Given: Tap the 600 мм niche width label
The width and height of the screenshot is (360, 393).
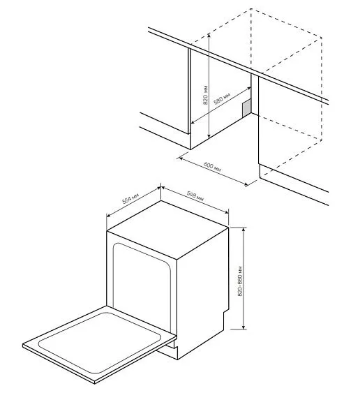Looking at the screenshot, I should click(x=212, y=168).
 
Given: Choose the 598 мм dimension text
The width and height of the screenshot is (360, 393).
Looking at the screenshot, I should click(x=195, y=197).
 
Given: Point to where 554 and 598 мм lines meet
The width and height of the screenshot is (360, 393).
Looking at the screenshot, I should click(x=161, y=186).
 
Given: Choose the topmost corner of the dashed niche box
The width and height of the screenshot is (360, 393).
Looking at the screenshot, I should click(x=250, y=10).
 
